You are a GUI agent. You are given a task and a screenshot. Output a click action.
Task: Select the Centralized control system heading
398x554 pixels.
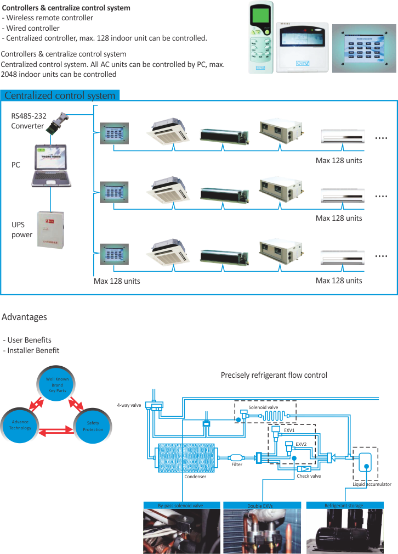pos(60,96)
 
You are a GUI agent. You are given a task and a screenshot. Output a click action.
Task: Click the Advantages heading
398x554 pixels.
pos(25,317)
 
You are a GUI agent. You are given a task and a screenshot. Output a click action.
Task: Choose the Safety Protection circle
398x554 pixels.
pos(93,426)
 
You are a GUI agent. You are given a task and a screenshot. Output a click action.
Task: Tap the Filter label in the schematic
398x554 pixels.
pos(237,465)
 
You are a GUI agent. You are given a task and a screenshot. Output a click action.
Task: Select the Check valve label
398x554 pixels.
pos(309,476)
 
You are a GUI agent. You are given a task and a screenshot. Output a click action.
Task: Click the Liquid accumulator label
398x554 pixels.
pos(372,485)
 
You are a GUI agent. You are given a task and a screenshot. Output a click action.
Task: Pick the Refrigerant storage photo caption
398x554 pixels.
pos(344,505)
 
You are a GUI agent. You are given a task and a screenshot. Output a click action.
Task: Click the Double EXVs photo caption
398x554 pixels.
pos(261,505)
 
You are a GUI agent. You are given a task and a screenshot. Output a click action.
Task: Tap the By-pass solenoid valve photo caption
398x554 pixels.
pos(180,505)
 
